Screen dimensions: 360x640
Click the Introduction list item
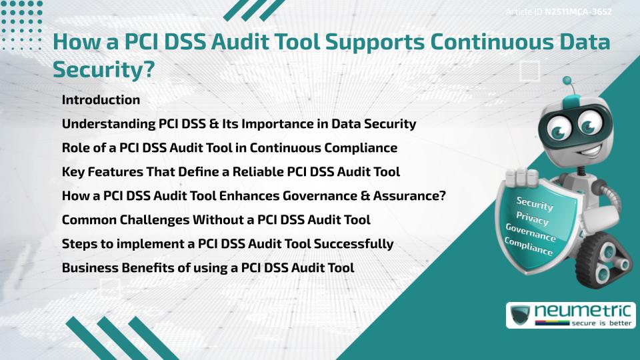pos(101,100)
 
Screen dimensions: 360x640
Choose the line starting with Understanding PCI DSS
pos(239,123)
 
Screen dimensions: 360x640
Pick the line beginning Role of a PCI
pos(229,147)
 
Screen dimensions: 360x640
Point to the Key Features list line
pos(231,171)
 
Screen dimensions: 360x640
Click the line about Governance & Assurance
pos(253,195)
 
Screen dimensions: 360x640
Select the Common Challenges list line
pos(216,219)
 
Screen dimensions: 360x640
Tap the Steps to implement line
pos(227,243)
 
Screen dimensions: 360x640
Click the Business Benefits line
pos(207,267)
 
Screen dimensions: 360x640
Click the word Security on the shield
pos(535,204)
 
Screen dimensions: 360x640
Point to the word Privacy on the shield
pos(532,219)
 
